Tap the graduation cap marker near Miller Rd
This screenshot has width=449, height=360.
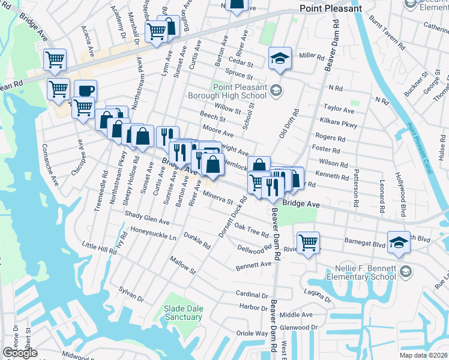click(x=279, y=58)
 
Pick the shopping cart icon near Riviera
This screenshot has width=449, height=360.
click(x=308, y=242)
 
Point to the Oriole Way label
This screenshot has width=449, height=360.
click(x=253, y=333)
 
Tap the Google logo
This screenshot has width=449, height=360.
click(x=20, y=353)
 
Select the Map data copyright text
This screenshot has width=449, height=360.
click(x=424, y=355)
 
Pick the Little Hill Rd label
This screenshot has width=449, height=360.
click(x=99, y=247)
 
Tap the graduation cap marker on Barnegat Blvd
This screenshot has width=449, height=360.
click(x=399, y=242)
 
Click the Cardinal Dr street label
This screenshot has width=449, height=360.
click(x=252, y=295)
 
